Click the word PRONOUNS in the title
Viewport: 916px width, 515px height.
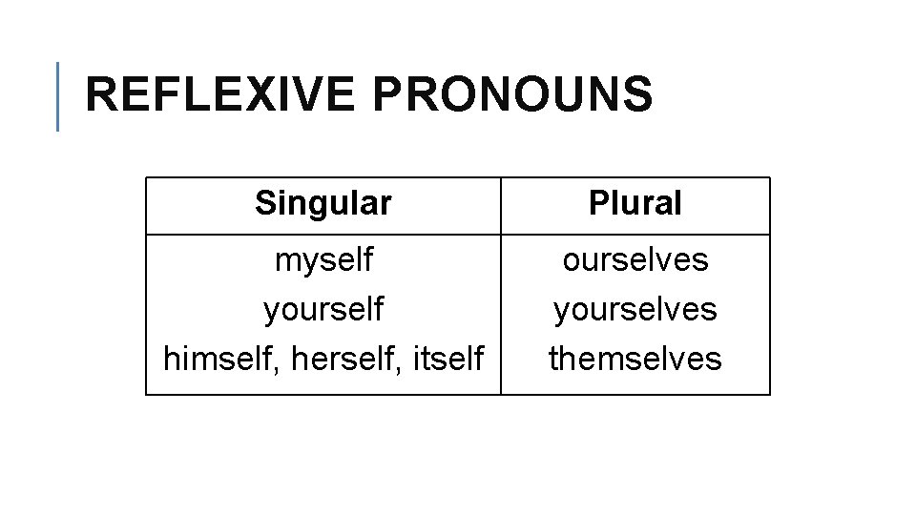click(512, 95)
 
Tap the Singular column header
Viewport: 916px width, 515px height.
click(323, 202)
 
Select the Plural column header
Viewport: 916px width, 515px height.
click(635, 202)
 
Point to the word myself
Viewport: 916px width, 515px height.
click(323, 259)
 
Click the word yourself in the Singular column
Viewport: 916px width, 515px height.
click(323, 309)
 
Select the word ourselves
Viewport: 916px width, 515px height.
click(635, 259)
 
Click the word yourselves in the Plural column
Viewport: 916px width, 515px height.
click(635, 309)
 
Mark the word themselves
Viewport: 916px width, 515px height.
click(635, 359)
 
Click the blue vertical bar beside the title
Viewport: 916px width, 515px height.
click(58, 95)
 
